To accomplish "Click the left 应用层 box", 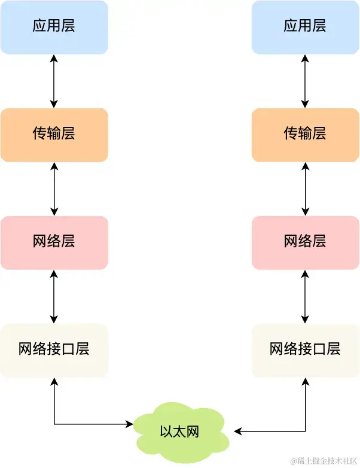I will tap(54, 27).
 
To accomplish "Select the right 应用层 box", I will tap(305, 27).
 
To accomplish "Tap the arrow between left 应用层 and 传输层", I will tap(54, 81).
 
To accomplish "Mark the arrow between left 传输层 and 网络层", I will tap(54, 189).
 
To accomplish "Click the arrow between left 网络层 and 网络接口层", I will tap(54, 296).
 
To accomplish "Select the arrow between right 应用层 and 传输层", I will tap(306, 81).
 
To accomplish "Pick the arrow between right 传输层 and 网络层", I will tap(306, 189).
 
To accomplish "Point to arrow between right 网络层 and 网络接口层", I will tap(306, 296).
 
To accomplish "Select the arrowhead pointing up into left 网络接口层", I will tap(54, 381).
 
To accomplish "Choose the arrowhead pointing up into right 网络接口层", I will tap(306, 381).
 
